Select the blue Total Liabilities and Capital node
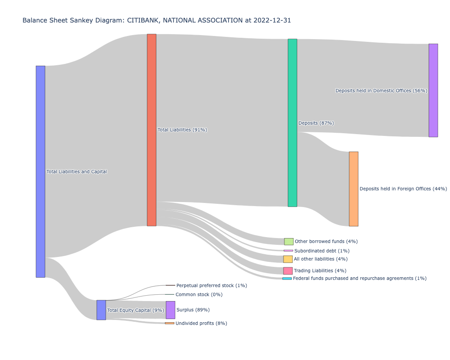coord(40,171)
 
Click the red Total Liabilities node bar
coord(152,130)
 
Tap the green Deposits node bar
coord(292,123)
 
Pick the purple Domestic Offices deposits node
coord(433,90)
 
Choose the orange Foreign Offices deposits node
coord(354,189)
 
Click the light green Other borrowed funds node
coord(288,242)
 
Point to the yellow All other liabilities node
coord(288,259)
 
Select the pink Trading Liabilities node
coord(288,271)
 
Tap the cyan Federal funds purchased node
coord(287,279)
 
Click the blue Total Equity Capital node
coord(101,310)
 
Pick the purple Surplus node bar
coord(171,310)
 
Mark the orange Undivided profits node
coord(169,323)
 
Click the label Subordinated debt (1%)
coord(322,251)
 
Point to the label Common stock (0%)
coord(199,295)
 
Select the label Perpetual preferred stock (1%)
coord(211,286)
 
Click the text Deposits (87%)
coord(316,123)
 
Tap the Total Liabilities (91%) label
coord(182,130)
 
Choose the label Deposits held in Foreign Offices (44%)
coord(403,189)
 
